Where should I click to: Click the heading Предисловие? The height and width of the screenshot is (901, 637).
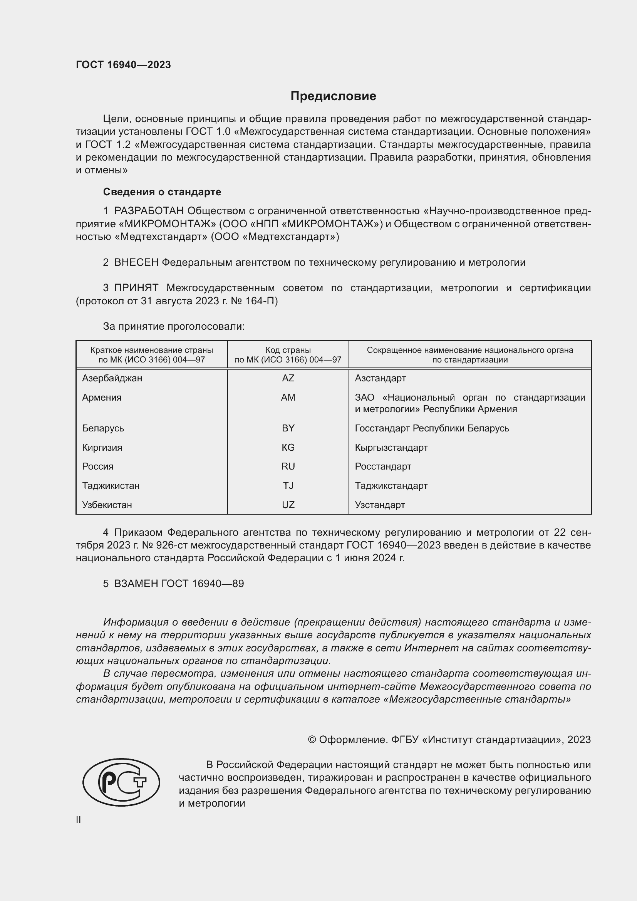[333, 96]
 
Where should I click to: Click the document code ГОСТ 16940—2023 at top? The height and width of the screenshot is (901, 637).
[123, 65]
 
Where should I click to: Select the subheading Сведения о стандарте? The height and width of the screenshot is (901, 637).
[162, 192]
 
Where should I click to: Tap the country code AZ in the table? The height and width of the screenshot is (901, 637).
[288, 378]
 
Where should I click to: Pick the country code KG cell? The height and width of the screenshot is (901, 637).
[288, 447]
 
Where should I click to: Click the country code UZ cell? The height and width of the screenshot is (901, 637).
[288, 505]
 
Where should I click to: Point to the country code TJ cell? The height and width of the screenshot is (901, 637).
[288, 486]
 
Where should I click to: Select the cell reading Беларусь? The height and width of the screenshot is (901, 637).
[103, 428]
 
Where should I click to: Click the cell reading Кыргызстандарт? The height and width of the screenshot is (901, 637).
[391, 447]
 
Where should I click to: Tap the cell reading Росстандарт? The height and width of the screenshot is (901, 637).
[383, 466]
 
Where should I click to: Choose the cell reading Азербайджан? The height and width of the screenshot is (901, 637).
[112, 378]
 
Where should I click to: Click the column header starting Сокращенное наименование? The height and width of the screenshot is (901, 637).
[470, 355]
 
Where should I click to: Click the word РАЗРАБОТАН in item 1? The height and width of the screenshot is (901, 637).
[149, 211]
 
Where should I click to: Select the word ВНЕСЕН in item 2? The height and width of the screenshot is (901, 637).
[136, 263]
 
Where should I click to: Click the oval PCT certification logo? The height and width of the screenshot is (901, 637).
[121, 782]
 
